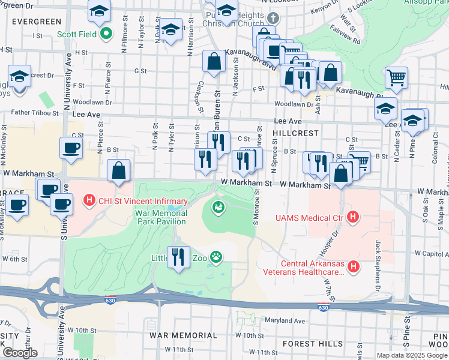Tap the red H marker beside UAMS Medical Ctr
354,217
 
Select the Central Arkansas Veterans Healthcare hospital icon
354,267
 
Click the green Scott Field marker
106,35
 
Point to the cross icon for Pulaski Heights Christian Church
274,17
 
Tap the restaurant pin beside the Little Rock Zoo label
178,257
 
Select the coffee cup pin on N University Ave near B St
71,149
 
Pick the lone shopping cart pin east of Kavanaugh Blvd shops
396,78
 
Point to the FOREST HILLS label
313,344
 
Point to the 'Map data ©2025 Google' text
412,355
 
